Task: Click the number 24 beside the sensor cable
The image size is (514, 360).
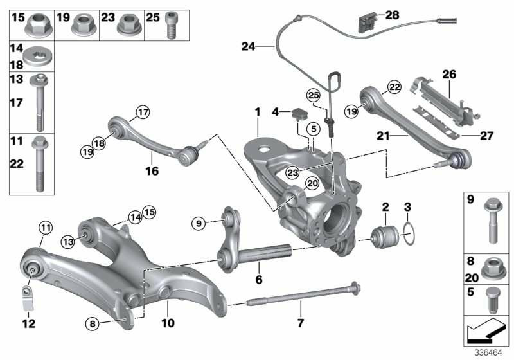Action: click(x=248, y=46)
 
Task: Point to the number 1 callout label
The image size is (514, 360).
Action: click(x=257, y=111)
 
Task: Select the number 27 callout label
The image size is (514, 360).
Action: click(x=486, y=136)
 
